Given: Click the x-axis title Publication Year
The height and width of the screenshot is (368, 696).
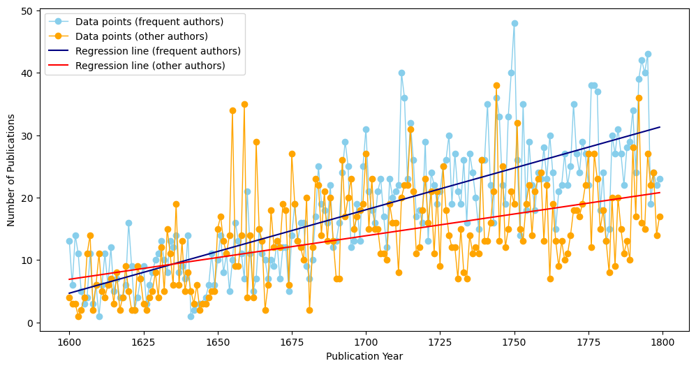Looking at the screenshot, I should tap(364, 356).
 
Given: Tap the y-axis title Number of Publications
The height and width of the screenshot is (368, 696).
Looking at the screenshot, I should tap(11, 168).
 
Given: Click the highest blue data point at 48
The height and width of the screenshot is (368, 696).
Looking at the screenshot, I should tap(514, 23).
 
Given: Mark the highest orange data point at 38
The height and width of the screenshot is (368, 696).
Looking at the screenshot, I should tap(496, 86).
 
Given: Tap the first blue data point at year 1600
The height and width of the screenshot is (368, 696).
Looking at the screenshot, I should tap(69, 242).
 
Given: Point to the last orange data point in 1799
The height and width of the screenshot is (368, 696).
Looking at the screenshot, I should tap(660, 216).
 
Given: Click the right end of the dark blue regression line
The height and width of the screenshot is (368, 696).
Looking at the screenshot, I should tap(660, 127).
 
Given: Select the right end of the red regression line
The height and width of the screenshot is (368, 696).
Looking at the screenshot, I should tap(660, 193).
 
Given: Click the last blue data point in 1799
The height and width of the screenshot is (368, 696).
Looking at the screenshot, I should tap(660, 179).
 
